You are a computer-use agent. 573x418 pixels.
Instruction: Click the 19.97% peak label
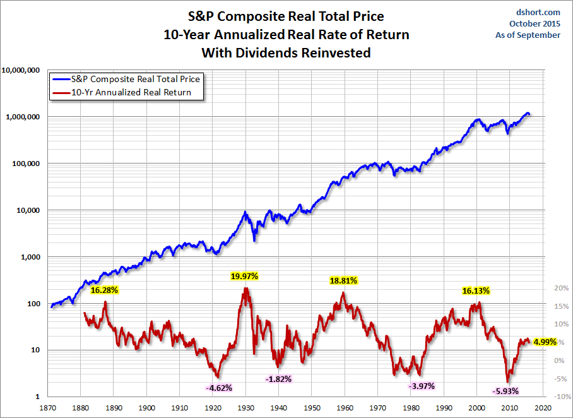(x=244, y=276)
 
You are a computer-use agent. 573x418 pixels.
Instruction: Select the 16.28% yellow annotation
(x=105, y=290)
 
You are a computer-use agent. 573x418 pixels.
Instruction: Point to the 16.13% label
(x=475, y=290)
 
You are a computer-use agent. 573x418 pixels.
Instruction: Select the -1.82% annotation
(x=278, y=379)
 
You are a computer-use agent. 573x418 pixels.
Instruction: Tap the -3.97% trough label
(x=422, y=386)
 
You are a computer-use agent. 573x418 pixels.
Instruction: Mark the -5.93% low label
(x=505, y=391)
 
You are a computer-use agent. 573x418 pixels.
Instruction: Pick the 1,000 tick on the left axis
(x=30, y=257)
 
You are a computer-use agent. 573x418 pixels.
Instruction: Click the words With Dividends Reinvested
(x=285, y=53)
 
